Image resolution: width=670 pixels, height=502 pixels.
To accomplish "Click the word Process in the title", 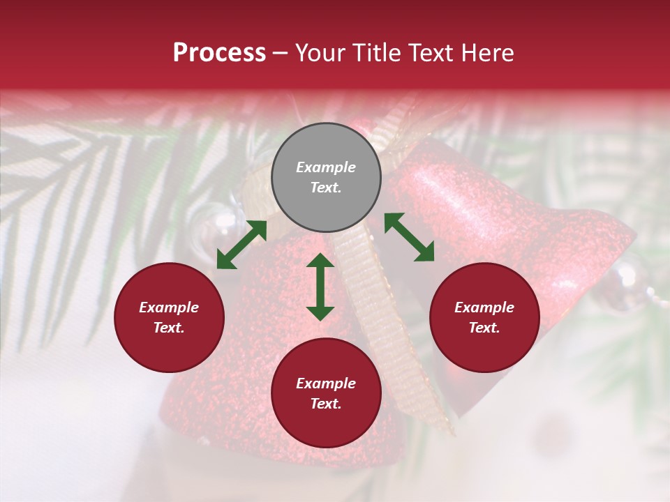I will click(x=219, y=53).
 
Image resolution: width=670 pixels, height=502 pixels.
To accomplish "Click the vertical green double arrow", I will click(x=320, y=287).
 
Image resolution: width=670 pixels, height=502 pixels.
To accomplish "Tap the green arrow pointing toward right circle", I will click(x=409, y=237).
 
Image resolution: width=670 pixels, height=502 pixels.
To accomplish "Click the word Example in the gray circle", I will click(x=326, y=167).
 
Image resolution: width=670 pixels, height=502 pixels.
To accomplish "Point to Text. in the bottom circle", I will click(x=326, y=404).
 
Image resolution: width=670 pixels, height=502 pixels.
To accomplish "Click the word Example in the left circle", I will click(x=169, y=307).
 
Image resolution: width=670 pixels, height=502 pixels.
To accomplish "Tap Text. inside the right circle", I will click(x=484, y=328).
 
